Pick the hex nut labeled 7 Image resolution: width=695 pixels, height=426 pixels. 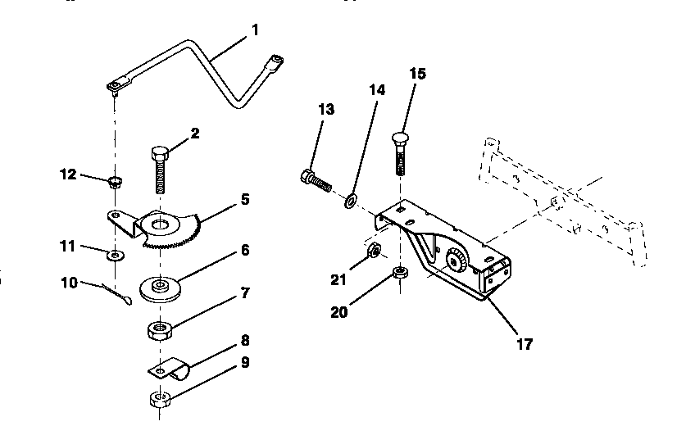160,330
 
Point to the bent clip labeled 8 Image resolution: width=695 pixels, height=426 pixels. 170,368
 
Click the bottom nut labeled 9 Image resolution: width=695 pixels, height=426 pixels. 159,400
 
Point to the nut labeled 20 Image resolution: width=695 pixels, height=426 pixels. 399,274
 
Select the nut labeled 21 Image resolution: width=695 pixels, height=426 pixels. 371,251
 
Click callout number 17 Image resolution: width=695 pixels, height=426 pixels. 525,344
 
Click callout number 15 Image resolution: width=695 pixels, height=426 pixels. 417,74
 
